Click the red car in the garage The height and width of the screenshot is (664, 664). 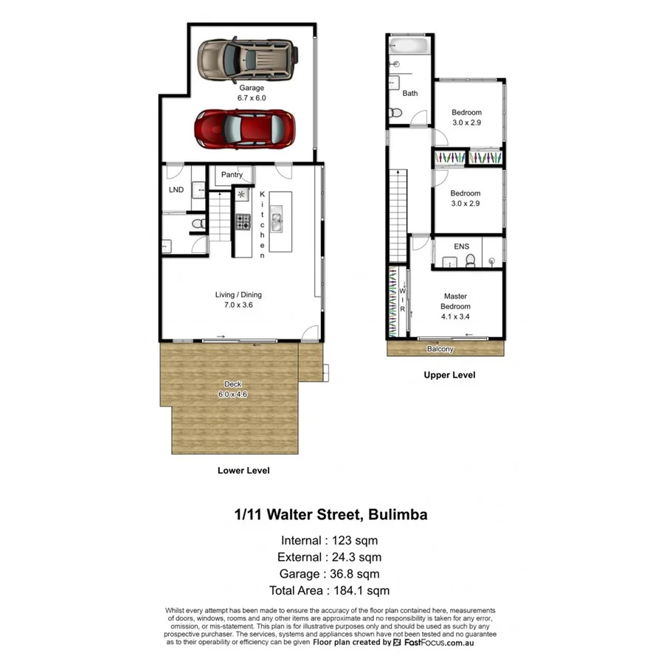coord(245,129)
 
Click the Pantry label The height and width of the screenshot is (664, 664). coord(231,175)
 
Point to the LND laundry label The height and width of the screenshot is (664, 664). coord(176,190)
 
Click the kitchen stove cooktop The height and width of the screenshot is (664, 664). coord(243,220)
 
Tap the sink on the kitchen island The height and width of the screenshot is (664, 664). coord(279,220)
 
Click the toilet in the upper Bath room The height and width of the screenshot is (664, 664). coord(395,113)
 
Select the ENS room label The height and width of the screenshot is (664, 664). coord(461,246)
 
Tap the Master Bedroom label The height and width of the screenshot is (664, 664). coord(454,301)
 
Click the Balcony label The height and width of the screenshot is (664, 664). coord(440,349)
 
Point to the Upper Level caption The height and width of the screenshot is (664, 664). coord(449,375)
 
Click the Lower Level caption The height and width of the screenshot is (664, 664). coord(243,470)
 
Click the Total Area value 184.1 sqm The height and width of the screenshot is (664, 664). coord(360,590)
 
